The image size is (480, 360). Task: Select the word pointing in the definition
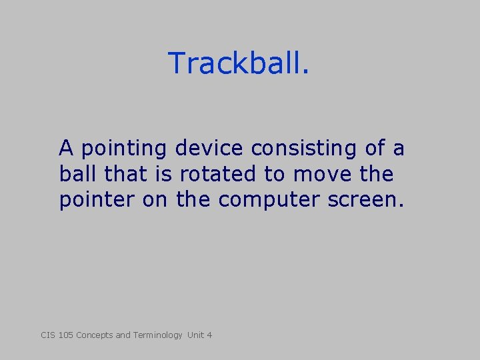pos(125,148)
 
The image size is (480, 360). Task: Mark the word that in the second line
pos(122,174)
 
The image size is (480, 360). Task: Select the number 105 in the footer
pos(65,335)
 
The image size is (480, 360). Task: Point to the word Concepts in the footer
pos(95,335)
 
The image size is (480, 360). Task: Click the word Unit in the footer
pos(196,335)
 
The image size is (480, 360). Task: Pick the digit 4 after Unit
pos(209,335)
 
